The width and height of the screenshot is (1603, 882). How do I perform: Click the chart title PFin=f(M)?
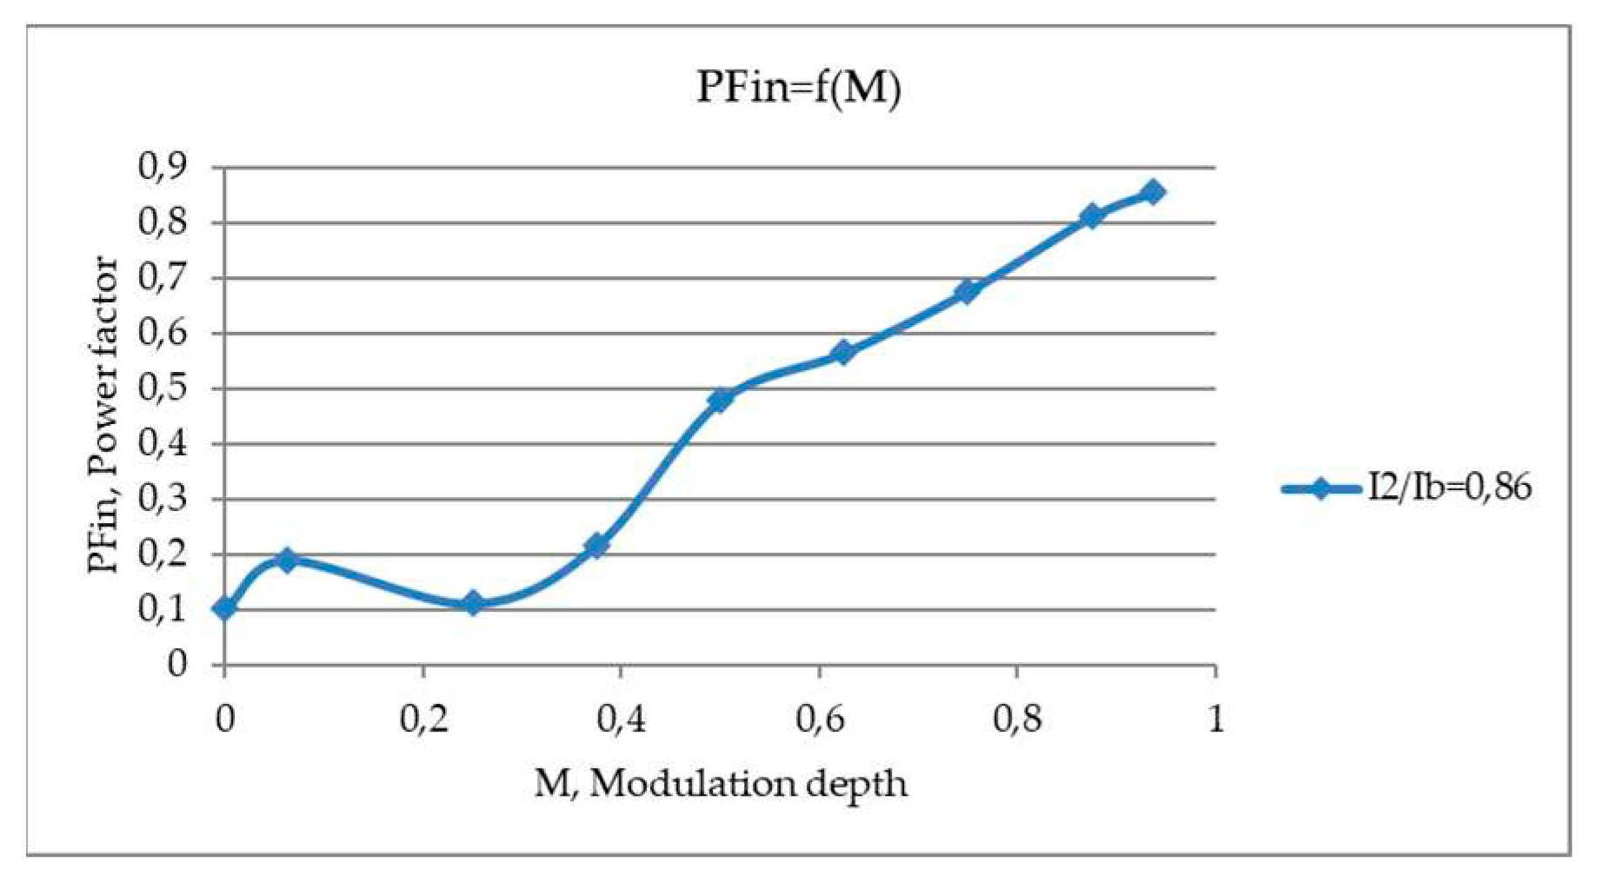click(798, 88)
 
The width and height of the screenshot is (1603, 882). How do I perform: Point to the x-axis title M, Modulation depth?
click(721, 785)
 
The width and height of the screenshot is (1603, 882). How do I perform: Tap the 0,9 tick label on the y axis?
click(163, 167)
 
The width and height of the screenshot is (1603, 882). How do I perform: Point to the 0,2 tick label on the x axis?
click(422, 720)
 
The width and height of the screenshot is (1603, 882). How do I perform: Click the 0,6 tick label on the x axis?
click(819, 720)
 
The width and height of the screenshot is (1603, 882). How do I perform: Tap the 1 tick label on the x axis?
click(1215, 720)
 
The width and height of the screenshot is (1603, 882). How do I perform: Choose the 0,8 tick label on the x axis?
click(1017, 720)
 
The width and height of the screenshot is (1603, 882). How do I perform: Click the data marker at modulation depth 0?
click(224, 608)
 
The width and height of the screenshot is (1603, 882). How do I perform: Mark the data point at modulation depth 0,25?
click(473, 602)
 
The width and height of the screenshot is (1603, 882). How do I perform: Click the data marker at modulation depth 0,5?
click(720, 400)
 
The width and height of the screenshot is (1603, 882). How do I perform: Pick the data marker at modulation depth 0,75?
click(967, 291)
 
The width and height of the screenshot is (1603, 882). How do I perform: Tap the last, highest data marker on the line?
click(1153, 192)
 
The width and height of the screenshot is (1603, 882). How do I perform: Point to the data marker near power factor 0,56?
click(842, 352)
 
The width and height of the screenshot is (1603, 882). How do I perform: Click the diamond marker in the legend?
click(1321, 488)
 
